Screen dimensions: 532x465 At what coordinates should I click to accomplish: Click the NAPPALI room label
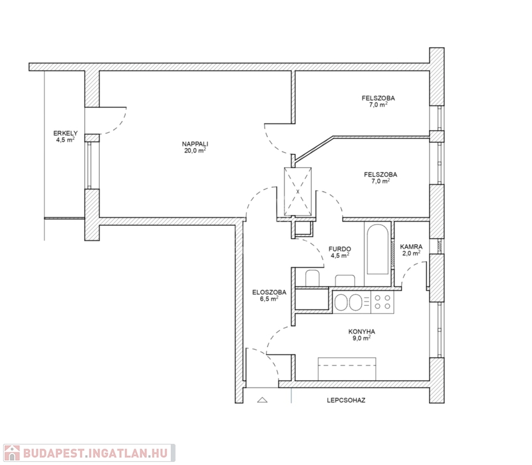[x=195, y=144]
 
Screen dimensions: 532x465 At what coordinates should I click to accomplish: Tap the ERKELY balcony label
[x=65, y=133]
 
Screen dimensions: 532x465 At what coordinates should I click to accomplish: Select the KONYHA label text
[x=362, y=332]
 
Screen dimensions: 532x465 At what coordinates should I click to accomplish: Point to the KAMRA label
[x=411, y=247]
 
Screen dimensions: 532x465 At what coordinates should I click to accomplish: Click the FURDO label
[x=340, y=249]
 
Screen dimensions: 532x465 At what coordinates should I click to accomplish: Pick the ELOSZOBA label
[x=269, y=292]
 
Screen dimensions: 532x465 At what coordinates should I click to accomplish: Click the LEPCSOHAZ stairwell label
[x=346, y=400]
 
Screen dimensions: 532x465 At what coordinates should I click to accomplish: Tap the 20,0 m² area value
[x=195, y=150]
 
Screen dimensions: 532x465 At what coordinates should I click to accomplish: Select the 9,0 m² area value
[x=362, y=338]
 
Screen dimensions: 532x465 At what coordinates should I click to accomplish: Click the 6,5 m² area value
[x=269, y=298]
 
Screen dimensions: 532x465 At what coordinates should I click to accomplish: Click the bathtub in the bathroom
[x=378, y=249]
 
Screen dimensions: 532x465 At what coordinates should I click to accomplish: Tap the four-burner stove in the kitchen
[x=383, y=302]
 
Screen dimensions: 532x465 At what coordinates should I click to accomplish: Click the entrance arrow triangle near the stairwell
[x=262, y=400]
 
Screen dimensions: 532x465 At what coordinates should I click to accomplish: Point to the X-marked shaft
[x=298, y=191]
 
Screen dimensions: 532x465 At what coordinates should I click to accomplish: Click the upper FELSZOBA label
[x=378, y=98]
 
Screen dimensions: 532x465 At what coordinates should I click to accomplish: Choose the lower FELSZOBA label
[x=380, y=174]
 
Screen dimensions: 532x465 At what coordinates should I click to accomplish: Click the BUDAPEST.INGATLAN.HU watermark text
[x=96, y=453]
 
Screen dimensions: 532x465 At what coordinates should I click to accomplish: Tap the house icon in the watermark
[x=12, y=453]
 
